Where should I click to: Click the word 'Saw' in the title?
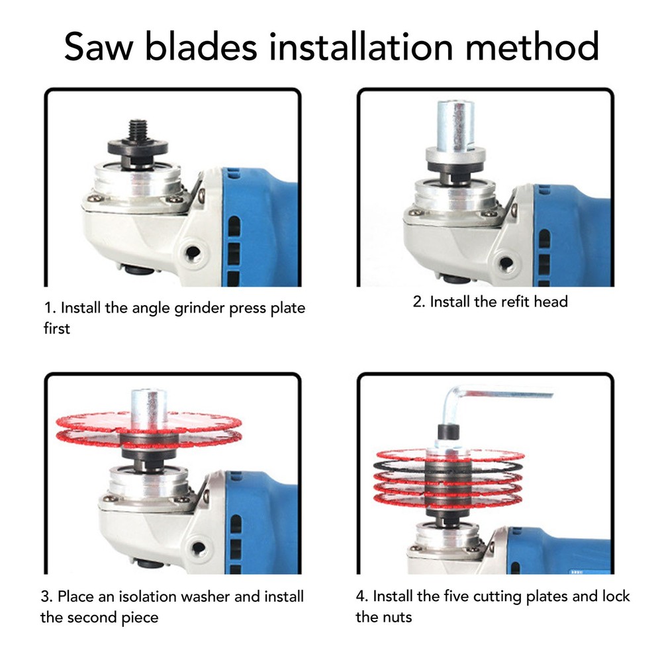99,46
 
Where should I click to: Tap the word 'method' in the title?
532,46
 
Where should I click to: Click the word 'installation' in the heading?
361,46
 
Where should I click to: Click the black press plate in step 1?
138,148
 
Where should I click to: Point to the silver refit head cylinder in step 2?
455,126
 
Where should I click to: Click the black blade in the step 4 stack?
448,467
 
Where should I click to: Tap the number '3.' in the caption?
46,596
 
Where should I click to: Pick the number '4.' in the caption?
362,596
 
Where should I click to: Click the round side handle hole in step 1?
193,253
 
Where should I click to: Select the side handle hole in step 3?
197,548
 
